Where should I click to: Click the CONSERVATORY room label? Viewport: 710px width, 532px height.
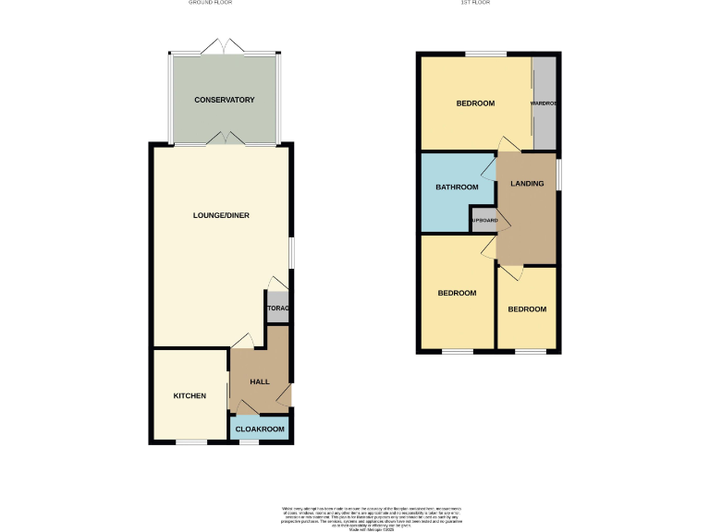click(224, 100)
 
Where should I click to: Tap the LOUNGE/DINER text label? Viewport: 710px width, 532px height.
click(221, 215)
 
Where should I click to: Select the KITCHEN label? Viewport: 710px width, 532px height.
click(190, 395)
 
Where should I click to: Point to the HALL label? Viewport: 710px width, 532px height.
click(259, 381)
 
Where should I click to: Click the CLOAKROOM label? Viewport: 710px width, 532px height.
click(259, 429)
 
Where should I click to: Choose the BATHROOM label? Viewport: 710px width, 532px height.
click(457, 187)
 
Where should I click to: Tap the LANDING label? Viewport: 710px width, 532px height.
click(527, 184)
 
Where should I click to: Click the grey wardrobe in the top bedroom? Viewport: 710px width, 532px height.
click(544, 103)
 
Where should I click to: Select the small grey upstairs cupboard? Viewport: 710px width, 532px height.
click(484, 221)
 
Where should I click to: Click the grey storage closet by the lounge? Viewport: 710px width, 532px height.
click(277, 308)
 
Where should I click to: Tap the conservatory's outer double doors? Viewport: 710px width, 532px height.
click(223, 46)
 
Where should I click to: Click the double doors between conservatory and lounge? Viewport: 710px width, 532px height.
click(223, 139)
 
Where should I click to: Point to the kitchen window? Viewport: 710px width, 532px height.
click(191, 443)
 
